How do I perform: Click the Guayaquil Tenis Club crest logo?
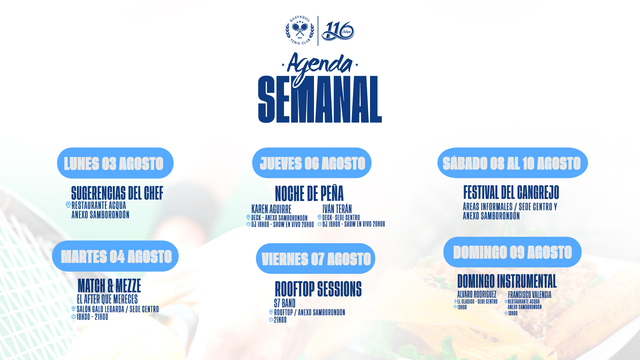[x=300, y=30]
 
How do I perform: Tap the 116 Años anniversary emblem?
[x=338, y=31]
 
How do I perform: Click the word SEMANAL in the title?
[x=320, y=99]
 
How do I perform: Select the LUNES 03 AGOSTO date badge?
[x=115, y=163]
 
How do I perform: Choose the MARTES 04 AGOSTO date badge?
[x=115, y=256]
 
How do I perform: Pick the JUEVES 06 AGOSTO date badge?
[x=312, y=163]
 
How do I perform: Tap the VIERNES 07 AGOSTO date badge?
[x=316, y=259]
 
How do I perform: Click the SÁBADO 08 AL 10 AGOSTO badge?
[x=513, y=163]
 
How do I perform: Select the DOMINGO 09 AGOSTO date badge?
[x=512, y=252]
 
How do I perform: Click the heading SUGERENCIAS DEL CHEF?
[x=117, y=193]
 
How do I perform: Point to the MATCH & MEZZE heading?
[x=109, y=286]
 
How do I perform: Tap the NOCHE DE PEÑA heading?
[x=309, y=193]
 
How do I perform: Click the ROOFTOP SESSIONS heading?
[x=318, y=289]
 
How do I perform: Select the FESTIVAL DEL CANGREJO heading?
[x=511, y=192]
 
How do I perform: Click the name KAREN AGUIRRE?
[x=271, y=209]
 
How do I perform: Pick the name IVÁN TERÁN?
[x=337, y=209]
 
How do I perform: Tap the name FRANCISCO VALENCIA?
[x=530, y=295]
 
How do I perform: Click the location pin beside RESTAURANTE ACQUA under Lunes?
[x=68, y=205]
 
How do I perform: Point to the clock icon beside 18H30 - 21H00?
[x=74, y=317]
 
